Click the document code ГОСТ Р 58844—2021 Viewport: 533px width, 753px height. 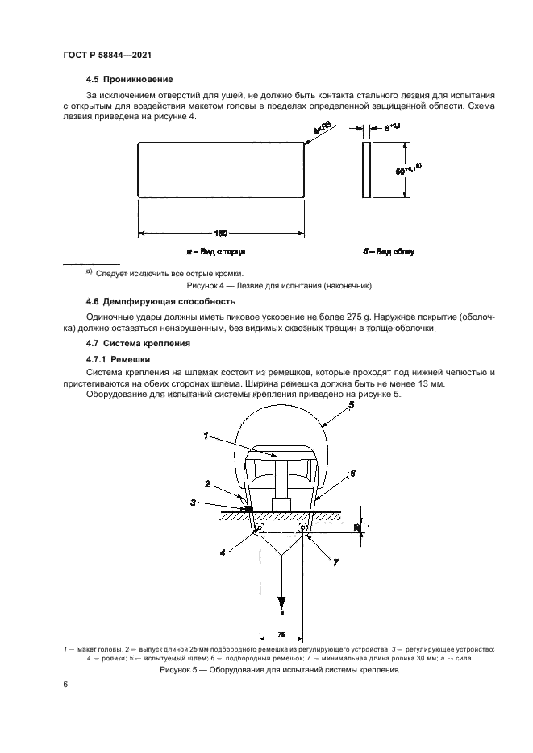click(108, 55)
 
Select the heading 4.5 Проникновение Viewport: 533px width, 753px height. click(129, 79)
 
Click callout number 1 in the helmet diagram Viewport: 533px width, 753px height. click(207, 436)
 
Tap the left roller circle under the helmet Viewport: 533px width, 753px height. click(260, 528)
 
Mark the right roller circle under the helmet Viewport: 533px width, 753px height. click(304, 528)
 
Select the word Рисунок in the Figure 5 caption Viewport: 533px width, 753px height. click(180, 670)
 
